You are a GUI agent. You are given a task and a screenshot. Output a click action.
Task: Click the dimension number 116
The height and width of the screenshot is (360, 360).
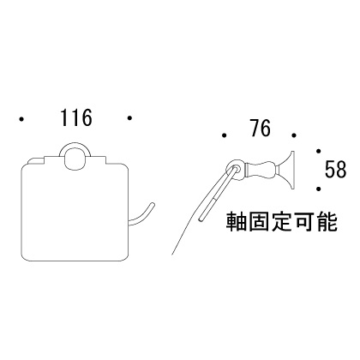point(76,117)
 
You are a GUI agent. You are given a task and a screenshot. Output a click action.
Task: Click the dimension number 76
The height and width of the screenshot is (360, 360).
point(260,128)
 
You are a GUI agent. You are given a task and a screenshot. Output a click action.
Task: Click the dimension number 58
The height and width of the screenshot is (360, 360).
point(335,169)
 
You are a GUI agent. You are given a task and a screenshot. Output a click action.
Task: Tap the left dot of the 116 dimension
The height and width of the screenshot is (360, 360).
point(21,118)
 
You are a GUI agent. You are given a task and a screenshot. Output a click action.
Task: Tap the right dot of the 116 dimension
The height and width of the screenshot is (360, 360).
point(130,117)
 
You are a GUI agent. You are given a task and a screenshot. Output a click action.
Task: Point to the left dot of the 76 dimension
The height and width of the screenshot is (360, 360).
point(225,135)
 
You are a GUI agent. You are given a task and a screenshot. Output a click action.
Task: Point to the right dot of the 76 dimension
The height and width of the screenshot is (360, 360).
point(294,135)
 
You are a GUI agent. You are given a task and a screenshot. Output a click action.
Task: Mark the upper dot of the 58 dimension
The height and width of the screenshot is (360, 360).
point(319,151)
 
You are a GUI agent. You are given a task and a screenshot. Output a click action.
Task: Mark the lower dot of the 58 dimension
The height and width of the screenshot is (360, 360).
point(319,189)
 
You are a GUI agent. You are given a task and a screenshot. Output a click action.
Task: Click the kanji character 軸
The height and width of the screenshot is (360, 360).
point(236,221)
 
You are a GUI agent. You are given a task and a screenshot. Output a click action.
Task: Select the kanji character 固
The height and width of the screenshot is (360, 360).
point(259,221)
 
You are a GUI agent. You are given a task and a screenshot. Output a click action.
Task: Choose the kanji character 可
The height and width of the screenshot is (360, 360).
point(304,221)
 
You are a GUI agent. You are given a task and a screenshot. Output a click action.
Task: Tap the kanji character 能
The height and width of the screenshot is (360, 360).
point(327,221)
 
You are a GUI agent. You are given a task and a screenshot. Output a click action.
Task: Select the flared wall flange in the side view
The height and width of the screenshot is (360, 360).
point(289,170)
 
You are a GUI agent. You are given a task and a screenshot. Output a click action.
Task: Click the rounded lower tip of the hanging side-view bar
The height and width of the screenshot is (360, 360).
point(201,219)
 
